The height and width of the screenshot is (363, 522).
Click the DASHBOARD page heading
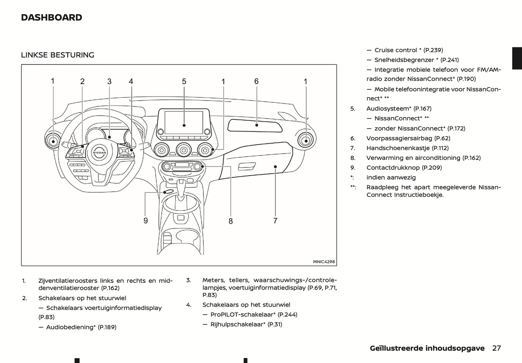pyautogui.click(x=51, y=17)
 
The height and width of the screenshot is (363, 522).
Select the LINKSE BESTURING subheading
pyautogui.click(x=57, y=55)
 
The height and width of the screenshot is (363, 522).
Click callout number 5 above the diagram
pyautogui.click(x=184, y=81)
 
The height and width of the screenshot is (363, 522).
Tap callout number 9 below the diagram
pyautogui.click(x=146, y=221)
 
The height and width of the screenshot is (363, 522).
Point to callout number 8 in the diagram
pyautogui.click(x=230, y=221)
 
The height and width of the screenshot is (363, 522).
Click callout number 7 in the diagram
pyautogui.click(x=275, y=221)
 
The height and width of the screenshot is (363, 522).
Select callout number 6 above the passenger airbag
pyautogui.click(x=256, y=81)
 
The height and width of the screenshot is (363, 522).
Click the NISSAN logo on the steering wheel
pyautogui.click(x=99, y=153)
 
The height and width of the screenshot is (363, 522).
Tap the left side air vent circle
pyautogui.click(x=53, y=140)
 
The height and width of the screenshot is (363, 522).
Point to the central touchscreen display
pyautogui.click(x=184, y=123)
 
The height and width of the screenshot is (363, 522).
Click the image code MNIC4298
pyautogui.click(x=324, y=262)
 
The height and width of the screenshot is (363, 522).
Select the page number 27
pyautogui.click(x=496, y=348)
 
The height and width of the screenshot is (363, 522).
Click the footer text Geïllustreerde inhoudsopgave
pyautogui.click(x=427, y=348)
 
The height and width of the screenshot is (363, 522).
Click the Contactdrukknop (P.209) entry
pyautogui.click(x=404, y=167)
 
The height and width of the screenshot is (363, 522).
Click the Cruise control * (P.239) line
pyautogui.click(x=409, y=50)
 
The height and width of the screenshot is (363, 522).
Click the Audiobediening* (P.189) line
pyautogui.click(x=81, y=327)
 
